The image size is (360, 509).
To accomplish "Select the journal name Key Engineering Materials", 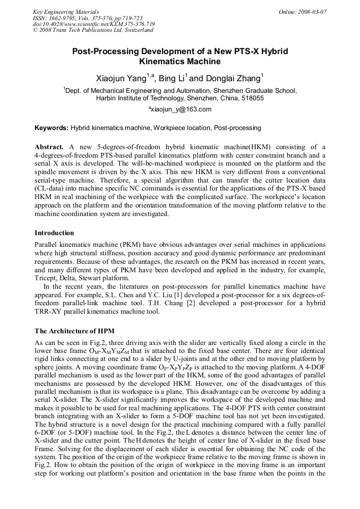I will pos(66,12).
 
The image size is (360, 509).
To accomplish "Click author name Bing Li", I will pos(173,79).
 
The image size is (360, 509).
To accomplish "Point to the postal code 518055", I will pos(252,98).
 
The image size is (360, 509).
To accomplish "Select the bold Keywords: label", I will pos(52,128).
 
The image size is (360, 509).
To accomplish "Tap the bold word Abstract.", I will pos(49,146).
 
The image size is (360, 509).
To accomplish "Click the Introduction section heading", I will pos(54,232).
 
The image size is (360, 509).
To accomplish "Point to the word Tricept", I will pos(47,278).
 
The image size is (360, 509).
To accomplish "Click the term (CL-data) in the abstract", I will pos(53,188).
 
